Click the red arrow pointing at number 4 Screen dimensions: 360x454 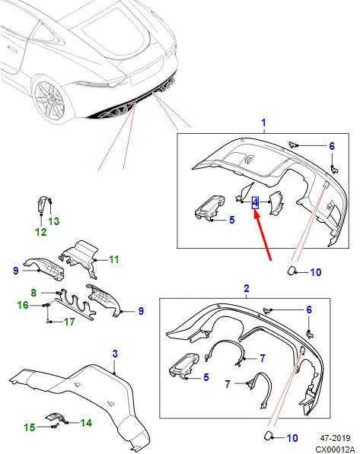click(x=263, y=236)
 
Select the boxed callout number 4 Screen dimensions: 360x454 click(x=255, y=202)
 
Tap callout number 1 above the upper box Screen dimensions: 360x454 click(x=263, y=122)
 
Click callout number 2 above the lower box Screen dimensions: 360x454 click(x=246, y=288)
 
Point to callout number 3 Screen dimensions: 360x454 click(x=115, y=354)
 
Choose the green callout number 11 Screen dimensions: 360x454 click(x=114, y=259)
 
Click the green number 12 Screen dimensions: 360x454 click(x=40, y=232)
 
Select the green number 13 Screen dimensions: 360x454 click(x=53, y=221)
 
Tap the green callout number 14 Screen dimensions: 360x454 click(x=86, y=423)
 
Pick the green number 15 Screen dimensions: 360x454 click(x=29, y=427)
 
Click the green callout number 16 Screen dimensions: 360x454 click(x=23, y=305)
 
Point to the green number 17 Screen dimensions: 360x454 click(x=69, y=322)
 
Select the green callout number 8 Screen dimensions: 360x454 click(x=33, y=293)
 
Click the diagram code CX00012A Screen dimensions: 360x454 click(x=334, y=449)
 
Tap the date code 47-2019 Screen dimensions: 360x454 click(x=336, y=438)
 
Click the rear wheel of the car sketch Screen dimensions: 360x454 click(x=49, y=99)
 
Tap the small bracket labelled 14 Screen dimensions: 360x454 click(x=56, y=418)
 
